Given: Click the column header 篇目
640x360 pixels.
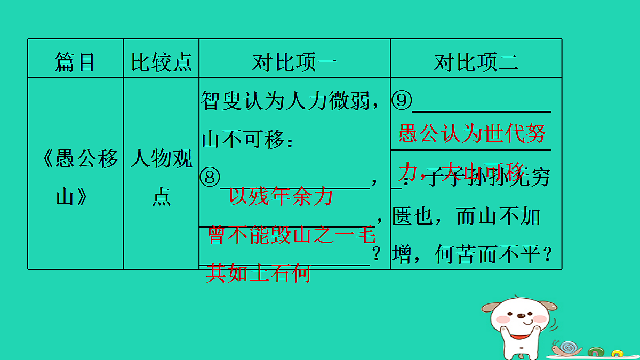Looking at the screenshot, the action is tap(75, 63).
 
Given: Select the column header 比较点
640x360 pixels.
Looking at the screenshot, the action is tap(161, 63).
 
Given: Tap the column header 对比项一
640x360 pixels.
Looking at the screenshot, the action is tap(294, 63).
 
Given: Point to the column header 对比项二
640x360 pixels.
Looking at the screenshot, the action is tap(476, 63).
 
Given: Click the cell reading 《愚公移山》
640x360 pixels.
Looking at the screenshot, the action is tap(75, 178).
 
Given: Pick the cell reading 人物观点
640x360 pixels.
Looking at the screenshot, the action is tap(161, 178).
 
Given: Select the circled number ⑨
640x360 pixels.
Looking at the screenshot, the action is tap(402, 101).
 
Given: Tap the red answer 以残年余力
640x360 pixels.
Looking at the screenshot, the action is tap(281, 197).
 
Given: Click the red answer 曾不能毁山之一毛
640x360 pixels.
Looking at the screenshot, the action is tap(292, 236).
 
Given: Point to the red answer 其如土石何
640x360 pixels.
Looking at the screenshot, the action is tap(258, 273).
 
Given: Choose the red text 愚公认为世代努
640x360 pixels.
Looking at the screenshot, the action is tap(472, 134).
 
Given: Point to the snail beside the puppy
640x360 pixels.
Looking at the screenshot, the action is tap(567, 348).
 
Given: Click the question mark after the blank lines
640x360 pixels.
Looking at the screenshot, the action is tap(377, 255).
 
